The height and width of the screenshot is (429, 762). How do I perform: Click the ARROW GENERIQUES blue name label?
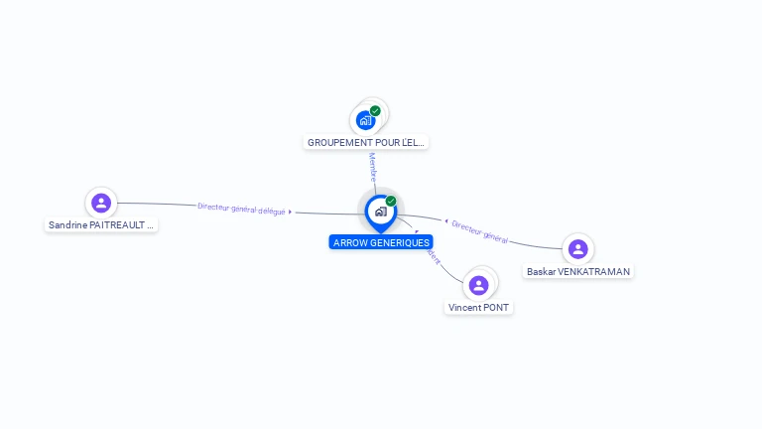[x=381, y=242]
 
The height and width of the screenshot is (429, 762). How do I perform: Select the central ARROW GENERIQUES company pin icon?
[x=380, y=212]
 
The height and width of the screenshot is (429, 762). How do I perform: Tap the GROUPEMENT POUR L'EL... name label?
[x=365, y=142]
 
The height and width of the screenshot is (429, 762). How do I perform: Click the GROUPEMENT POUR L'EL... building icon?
[x=366, y=120]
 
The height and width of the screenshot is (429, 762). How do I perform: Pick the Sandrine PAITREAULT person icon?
[x=100, y=203]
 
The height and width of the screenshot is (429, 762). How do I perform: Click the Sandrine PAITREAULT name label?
[x=101, y=225]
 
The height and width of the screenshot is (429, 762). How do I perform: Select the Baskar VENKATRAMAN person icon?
[x=577, y=248]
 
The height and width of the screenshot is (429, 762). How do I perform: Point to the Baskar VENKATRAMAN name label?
[x=577, y=271]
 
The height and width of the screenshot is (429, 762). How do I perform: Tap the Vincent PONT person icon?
[x=478, y=285]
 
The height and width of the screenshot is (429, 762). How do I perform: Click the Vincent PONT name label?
[x=478, y=308]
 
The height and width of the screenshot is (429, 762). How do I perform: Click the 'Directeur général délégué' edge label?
[x=241, y=209]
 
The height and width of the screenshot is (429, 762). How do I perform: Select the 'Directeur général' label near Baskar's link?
[x=480, y=231]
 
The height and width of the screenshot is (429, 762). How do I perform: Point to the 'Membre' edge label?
[x=373, y=165]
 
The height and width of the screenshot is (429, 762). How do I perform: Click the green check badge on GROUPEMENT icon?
[x=375, y=111]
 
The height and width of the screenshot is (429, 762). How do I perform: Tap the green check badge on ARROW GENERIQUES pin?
[x=391, y=201]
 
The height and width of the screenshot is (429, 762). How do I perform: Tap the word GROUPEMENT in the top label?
[x=338, y=142]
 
